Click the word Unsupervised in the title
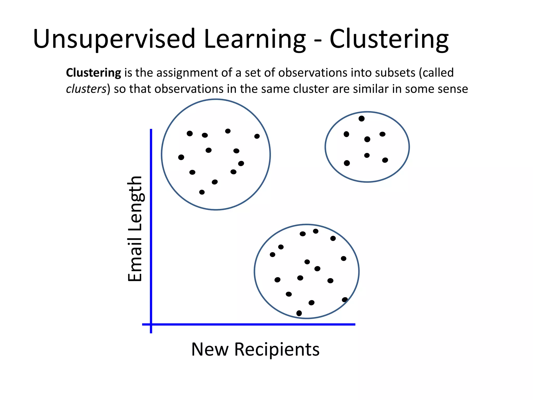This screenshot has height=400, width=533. pyautogui.click(x=114, y=39)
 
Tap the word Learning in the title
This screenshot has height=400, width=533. pyautogui.click(x=255, y=39)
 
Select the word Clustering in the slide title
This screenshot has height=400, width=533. pyautogui.click(x=389, y=39)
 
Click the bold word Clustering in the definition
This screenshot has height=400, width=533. pyautogui.click(x=93, y=73)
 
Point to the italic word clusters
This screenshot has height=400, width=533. pyautogui.click(x=86, y=89)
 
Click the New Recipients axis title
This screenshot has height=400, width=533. pyautogui.click(x=255, y=349)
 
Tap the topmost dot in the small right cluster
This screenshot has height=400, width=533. pyautogui.click(x=361, y=119)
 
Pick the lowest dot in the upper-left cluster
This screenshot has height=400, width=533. pyautogui.click(x=202, y=192)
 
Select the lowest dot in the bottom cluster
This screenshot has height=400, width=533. pyautogui.click(x=299, y=313)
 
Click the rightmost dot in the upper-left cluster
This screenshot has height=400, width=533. pyautogui.click(x=257, y=136)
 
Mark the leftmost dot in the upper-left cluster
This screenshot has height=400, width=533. pyautogui.click(x=181, y=157)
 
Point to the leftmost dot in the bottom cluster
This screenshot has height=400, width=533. pyautogui.click(x=272, y=254)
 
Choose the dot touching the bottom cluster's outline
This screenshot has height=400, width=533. pyautogui.click(x=345, y=300)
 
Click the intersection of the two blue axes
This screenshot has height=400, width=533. pyautogui.click(x=151, y=324)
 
